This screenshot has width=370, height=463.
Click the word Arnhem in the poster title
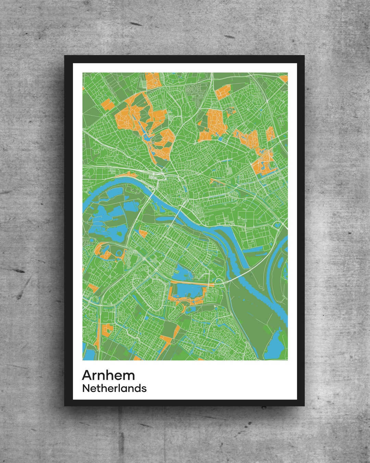pos(108,375)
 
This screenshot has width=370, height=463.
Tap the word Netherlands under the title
pos(114,389)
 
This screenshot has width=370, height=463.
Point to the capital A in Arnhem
pos(87,375)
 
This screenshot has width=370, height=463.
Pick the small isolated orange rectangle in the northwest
pos(107,104)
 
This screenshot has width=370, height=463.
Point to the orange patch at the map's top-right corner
pos(284,79)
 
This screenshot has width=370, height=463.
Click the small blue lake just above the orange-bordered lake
pos(182,274)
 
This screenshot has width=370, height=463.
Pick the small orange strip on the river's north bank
pos(128,174)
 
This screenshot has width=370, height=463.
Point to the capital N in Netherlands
pos(86,389)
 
